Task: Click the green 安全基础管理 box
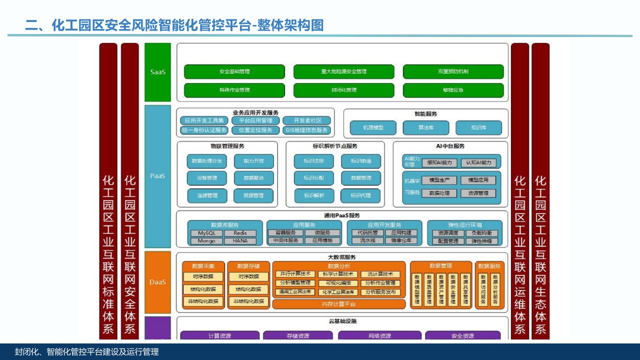(x=234, y=71)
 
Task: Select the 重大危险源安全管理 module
(x=343, y=71)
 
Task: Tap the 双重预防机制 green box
(x=453, y=71)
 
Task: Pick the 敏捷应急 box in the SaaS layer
(x=453, y=90)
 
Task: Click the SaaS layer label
(x=158, y=72)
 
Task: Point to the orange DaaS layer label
(x=158, y=282)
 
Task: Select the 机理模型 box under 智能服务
(x=373, y=127)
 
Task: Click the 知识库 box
(x=478, y=127)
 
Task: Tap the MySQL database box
(x=206, y=233)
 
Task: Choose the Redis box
(x=240, y=233)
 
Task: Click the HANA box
(x=240, y=240)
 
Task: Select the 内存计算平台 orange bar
(x=338, y=304)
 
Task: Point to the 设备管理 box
(x=207, y=178)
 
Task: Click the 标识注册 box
(x=313, y=161)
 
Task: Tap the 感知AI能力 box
(x=439, y=162)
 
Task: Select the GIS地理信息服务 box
(x=307, y=130)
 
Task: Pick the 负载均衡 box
(x=481, y=233)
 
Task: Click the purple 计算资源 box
(x=219, y=335)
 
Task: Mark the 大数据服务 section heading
(x=341, y=257)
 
